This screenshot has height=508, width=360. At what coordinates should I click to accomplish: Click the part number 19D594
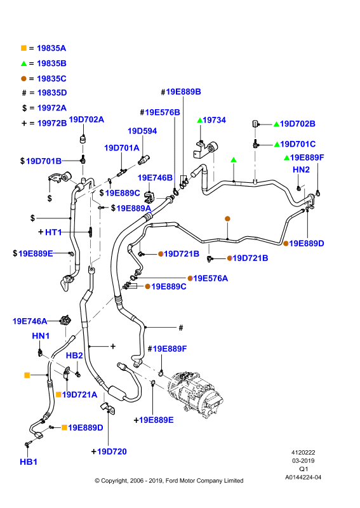click(x=142, y=131)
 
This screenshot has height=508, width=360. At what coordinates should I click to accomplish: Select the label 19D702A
click(x=86, y=119)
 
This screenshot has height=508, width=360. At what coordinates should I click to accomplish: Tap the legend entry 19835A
click(x=51, y=48)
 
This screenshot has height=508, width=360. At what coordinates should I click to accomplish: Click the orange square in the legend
click(x=23, y=48)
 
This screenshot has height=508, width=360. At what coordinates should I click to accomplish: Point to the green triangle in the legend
click(x=23, y=63)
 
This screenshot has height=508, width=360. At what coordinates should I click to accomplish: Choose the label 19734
click(x=214, y=120)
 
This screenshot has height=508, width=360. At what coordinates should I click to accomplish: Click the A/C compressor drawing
click(x=194, y=391)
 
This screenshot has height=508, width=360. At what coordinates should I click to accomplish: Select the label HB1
click(x=29, y=462)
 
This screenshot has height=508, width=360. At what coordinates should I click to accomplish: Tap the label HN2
click(x=301, y=170)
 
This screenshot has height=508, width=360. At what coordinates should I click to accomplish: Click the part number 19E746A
click(x=30, y=321)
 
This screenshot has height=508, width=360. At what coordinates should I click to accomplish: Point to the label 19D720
click(x=112, y=451)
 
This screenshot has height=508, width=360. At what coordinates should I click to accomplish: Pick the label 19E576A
click(x=211, y=278)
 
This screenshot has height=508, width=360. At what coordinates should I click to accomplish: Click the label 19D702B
click(x=298, y=124)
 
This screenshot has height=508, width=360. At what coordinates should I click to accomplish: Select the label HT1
click(x=53, y=232)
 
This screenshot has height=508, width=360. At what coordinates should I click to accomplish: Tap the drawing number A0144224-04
click(x=303, y=478)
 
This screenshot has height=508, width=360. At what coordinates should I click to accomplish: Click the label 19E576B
click(x=163, y=112)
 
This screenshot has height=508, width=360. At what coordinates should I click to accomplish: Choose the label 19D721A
click(x=80, y=394)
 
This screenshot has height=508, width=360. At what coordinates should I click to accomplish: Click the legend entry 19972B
click(x=52, y=123)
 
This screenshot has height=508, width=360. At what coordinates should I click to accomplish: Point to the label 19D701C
click(x=298, y=144)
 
